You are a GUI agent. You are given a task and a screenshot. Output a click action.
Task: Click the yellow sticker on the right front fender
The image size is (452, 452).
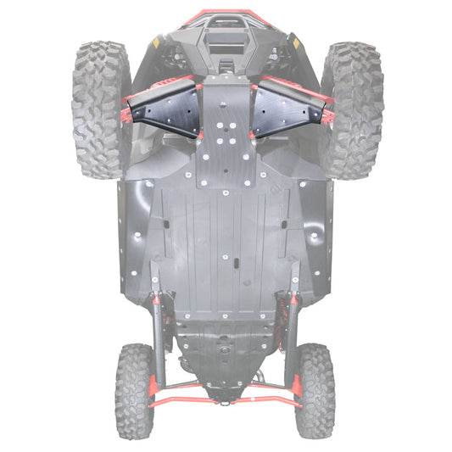click(x=294, y=40)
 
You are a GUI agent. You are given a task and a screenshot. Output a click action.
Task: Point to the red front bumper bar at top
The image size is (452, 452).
click(x=226, y=14)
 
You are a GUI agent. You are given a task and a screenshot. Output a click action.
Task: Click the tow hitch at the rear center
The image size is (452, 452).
click(x=226, y=395)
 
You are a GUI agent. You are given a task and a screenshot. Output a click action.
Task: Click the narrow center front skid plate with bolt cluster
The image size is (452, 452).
click(x=226, y=136)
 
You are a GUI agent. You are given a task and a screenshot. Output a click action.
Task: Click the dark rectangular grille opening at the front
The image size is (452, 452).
click(x=226, y=42)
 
